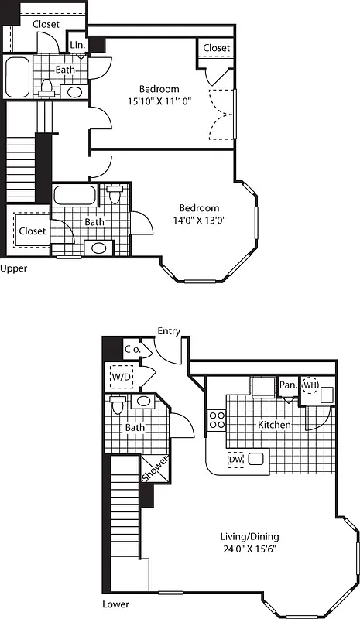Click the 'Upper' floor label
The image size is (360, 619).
pos(14,268)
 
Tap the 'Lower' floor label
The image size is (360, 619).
pos(115,604)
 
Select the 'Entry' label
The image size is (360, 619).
pos(169,331)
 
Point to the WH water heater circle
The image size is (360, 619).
pos(310,385)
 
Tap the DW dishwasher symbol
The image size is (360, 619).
pos(236,460)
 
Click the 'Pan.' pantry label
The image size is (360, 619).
pos(289,385)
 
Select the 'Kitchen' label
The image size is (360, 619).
pos(274,425)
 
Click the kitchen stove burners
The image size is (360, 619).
pos(217,420)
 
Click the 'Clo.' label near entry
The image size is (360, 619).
pos(132,349)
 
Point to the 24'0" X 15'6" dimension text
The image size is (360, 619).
pos(249,551)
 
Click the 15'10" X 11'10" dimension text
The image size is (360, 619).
pos(159,101)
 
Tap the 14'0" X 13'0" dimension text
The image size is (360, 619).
pos(199,220)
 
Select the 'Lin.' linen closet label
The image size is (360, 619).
pos(77,46)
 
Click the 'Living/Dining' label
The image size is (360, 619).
pos(249,537)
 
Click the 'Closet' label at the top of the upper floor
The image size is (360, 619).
pos(46,24)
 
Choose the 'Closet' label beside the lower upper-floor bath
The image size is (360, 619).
pos(33,231)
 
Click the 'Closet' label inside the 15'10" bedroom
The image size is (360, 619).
pos(216,48)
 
